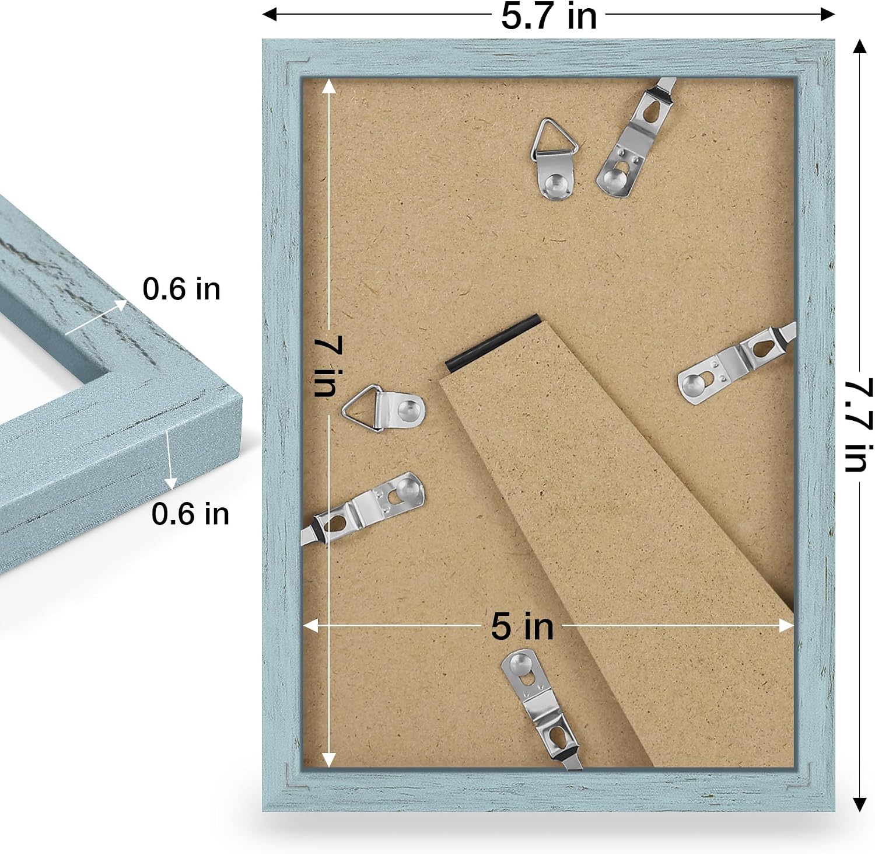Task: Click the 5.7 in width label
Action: [549, 16]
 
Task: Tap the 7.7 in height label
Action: [859, 425]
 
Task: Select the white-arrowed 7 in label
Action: [328, 366]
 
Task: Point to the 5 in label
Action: [522, 626]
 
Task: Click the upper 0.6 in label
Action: [181, 289]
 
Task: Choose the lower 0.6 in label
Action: [190, 514]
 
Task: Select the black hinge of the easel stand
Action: [493, 343]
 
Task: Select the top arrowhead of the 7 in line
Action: [329, 86]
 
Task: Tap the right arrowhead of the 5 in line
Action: [787, 626]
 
